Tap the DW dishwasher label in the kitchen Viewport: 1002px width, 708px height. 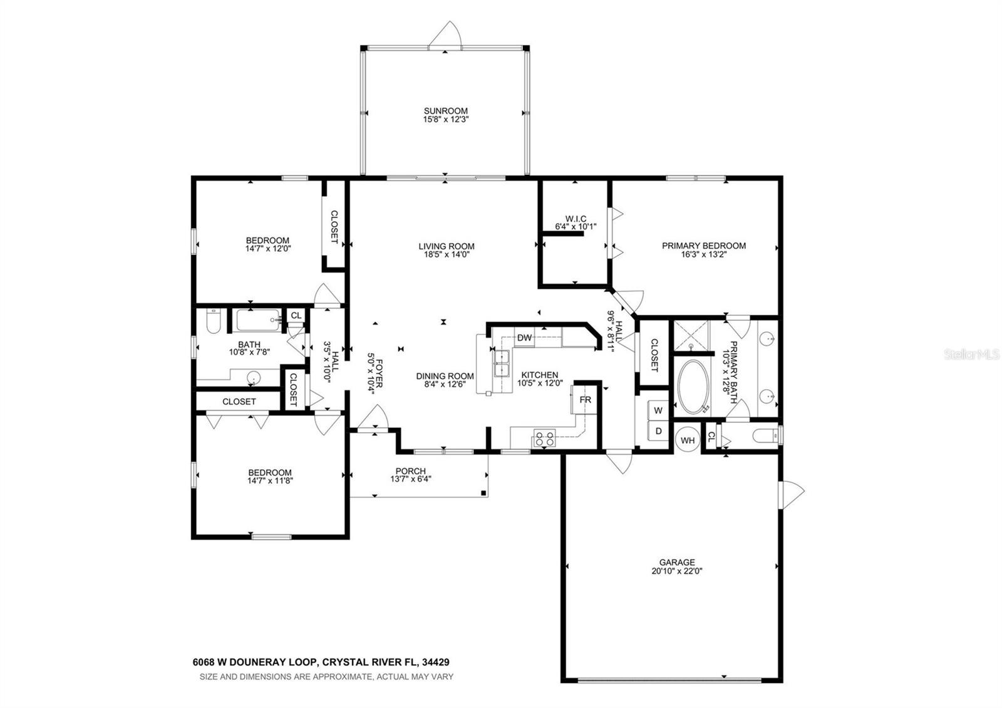coord(524,338)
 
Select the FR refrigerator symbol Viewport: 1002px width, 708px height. coord(585,400)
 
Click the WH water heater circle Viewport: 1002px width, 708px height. coord(688,440)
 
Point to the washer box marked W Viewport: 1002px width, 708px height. coord(658,410)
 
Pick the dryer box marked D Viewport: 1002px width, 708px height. coord(658,431)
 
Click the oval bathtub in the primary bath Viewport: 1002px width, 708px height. coord(693,387)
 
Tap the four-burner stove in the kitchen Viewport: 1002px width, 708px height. coord(544,437)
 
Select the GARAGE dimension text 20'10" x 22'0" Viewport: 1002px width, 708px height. coord(676,571)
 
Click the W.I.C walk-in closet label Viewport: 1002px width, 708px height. coord(576,219)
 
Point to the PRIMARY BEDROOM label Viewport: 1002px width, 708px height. coord(703,246)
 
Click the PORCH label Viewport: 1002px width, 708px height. coord(410,471)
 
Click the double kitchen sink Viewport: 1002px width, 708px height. coord(502,363)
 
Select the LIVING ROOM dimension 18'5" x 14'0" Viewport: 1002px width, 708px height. coord(446,255)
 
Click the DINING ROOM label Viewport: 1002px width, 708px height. coord(445,376)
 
